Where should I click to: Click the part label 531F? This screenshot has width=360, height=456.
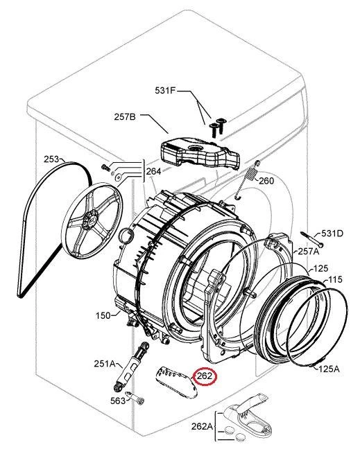pyautogui.click(x=165, y=91)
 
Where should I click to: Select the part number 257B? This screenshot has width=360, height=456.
pyautogui.click(x=125, y=117)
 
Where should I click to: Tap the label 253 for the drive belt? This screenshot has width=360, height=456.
pyautogui.click(x=51, y=159)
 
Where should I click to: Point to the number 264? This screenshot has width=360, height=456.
pyautogui.click(x=153, y=172)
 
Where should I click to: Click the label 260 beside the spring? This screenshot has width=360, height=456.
pyautogui.click(x=266, y=181)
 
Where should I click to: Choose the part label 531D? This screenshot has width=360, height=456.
pyautogui.click(x=332, y=234)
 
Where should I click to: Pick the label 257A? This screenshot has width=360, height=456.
pyautogui.click(x=309, y=251)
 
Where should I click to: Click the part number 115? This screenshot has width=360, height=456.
pyautogui.click(x=335, y=280)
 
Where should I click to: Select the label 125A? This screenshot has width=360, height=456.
pyautogui.click(x=329, y=369)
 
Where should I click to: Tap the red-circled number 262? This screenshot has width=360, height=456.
pyautogui.click(x=205, y=376)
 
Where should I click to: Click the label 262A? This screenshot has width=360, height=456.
pyautogui.click(x=202, y=427)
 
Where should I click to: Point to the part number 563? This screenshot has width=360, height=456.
pyautogui.click(x=118, y=401)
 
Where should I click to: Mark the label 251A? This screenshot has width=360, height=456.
pyautogui.click(x=105, y=364)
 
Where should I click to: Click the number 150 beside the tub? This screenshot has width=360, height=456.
pyautogui.click(x=103, y=315)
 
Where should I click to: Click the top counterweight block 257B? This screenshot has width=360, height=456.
pyautogui.click(x=200, y=156)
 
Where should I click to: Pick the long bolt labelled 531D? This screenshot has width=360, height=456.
pyautogui.click(x=312, y=239)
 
